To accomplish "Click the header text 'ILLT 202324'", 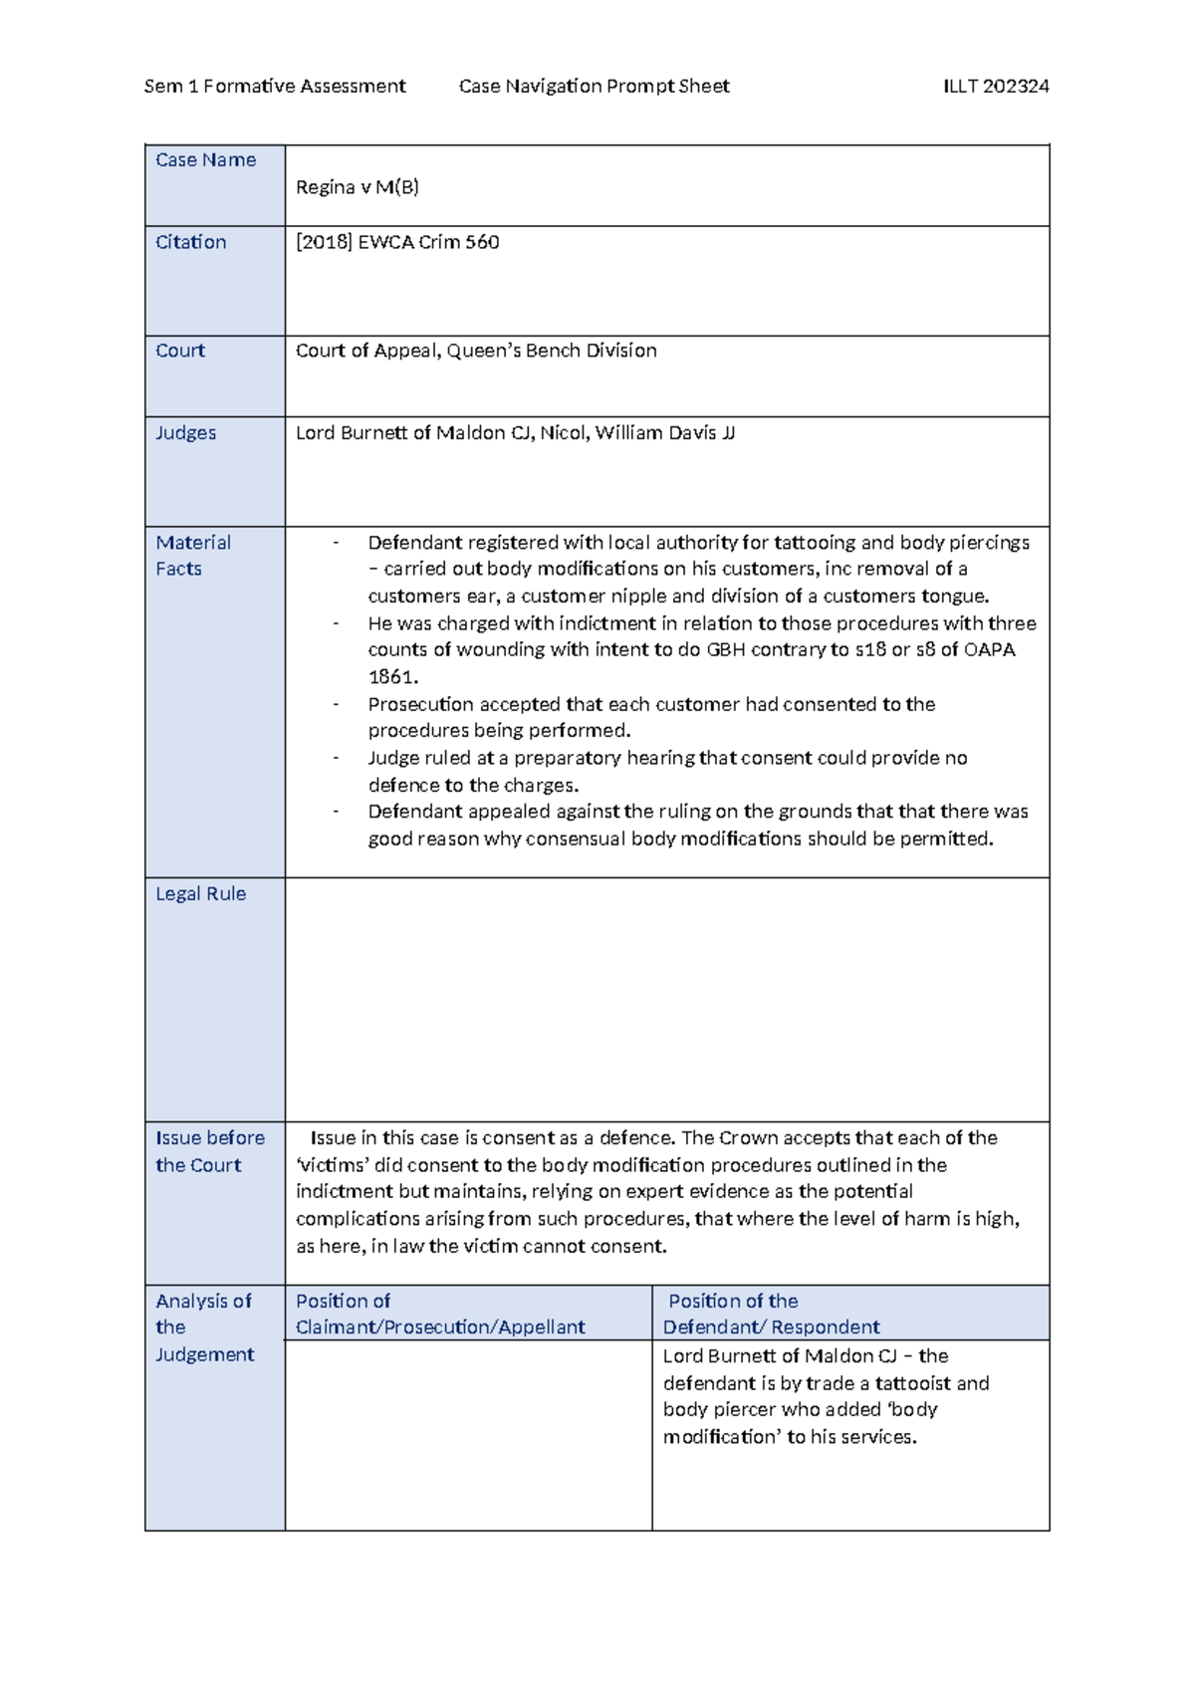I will pyautogui.click(x=995, y=87).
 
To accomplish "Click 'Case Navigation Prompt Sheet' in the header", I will pyautogui.click(x=594, y=87).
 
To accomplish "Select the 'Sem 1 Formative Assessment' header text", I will pyautogui.click(x=275, y=87).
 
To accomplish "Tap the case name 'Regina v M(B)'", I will pyautogui.click(x=357, y=187).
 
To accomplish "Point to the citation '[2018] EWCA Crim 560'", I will pyautogui.click(x=397, y=242).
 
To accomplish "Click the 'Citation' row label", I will pyautogui.click(x=190, y=242).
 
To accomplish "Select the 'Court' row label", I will pyautogui.click(x=180, y=351).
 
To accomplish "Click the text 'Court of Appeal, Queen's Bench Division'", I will pyautogui.click(x=476, y=351).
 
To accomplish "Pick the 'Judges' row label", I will pyautogui.click(x=185, y=433).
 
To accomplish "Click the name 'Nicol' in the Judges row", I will pyautogui.click(x=563, y=433).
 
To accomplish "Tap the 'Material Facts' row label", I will pyautogui.click(x=193, y=556).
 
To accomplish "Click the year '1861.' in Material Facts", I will pyautogui.click(x=392, y=677).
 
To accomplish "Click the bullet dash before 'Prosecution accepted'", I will pyautogui.click(x=337, y=704).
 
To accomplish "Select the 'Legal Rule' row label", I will pyautogui.click(x=200, y=894).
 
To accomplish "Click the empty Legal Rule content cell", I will pyautogui.click(x=666, y=1000).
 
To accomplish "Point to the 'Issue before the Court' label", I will pyautogui.click(x=209, y=1151).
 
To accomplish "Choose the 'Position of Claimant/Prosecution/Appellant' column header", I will pyautogui.click(x=440, y=1314).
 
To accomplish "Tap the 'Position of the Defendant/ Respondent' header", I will pyautogui.click(x=771, y=1314).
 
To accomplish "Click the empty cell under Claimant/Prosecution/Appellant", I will pyautogui.click(x=468, y=1435).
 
